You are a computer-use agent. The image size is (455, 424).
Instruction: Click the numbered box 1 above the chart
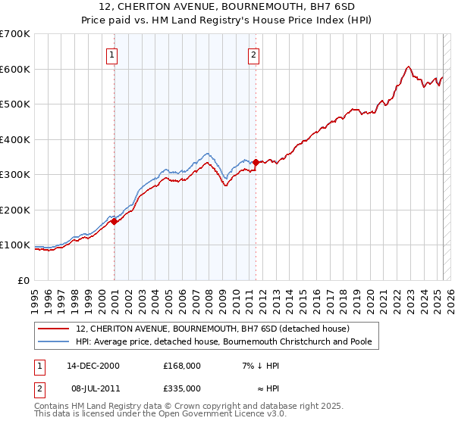[111, 54]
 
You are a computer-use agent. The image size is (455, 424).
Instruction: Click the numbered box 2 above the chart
[253, 54]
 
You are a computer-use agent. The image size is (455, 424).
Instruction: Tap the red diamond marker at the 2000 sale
[115, 221]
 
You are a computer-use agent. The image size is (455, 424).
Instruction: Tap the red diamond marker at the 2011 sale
[256, 162]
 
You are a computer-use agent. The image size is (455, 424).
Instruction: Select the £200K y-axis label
[15, 210]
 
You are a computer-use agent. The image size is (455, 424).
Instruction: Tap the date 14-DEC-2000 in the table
[93, 366]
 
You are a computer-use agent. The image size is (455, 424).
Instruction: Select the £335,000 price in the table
[181, 388]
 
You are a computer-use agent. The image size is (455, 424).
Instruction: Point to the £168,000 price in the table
[181, 366]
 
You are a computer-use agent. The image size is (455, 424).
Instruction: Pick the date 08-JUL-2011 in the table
[93, 388]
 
